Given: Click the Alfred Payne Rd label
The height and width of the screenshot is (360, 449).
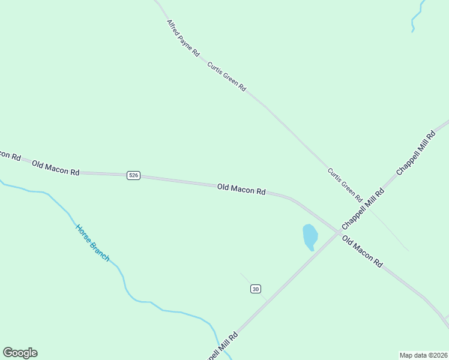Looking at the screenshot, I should [183, 38].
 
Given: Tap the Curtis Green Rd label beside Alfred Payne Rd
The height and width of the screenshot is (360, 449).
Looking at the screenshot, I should [227, 76].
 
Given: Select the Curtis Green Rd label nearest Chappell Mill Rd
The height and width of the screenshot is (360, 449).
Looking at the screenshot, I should [345, 185].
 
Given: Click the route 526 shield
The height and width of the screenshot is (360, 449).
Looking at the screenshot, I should [133, 175].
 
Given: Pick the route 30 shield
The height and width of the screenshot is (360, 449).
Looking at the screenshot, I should [256, 289].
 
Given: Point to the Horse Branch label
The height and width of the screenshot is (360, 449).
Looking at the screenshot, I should [92, 242].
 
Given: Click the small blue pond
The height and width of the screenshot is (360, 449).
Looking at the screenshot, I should [310, 236].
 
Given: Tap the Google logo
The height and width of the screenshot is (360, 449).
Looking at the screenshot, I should [20, 353].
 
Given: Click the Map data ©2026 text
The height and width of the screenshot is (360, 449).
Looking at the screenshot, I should [423, 355].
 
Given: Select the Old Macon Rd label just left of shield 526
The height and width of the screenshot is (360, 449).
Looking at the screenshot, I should [56, 168].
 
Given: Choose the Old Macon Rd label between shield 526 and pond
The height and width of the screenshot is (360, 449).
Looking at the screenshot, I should [241, 190].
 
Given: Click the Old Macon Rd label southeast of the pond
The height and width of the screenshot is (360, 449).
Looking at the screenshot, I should [362, 251].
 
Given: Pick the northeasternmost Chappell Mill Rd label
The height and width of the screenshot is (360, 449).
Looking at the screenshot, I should [415, 153].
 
